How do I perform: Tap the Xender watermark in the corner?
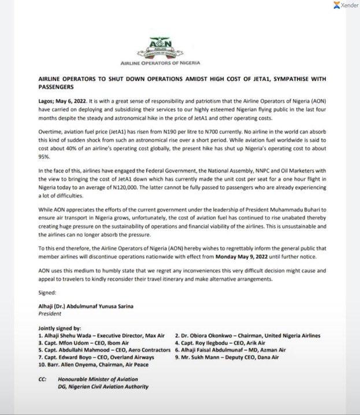point(345,5)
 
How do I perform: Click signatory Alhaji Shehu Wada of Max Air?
point(102,335)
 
